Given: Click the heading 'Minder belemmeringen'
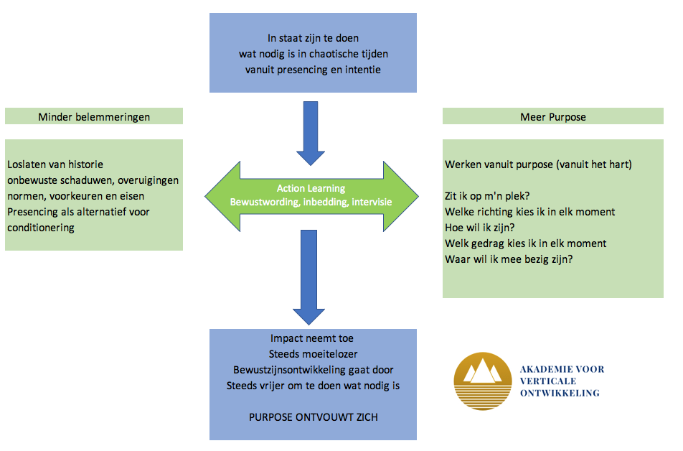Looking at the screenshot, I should [x=94, y=116].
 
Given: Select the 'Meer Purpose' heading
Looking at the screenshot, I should [x=552, y=116].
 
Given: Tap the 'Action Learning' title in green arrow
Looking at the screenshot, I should [x=311, y=188].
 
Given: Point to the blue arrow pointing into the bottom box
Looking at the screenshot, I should [x=311, y=280].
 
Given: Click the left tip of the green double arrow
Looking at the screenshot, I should [x=208, y=195].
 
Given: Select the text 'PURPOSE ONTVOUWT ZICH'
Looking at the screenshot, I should [x=313, y=417].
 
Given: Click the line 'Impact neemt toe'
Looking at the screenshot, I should [x=312, y=338].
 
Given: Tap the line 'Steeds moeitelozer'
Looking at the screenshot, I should [x=312, y=354].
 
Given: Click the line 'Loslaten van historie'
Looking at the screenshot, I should [x=55, y=164].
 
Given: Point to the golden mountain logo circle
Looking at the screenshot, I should [x=482, y=381].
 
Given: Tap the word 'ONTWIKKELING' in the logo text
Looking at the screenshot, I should [x=560, y=393].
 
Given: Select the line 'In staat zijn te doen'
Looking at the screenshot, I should [x=312, y=38].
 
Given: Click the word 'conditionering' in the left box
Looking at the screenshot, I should [x=41, y=228].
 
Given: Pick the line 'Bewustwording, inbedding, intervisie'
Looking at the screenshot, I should [x=311, y=203].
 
